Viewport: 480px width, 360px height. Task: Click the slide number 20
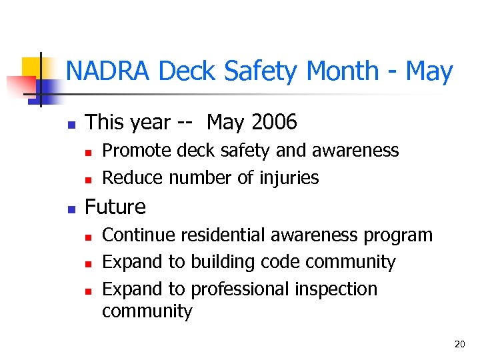[459, 344]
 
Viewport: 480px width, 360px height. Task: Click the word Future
[115, 207]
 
